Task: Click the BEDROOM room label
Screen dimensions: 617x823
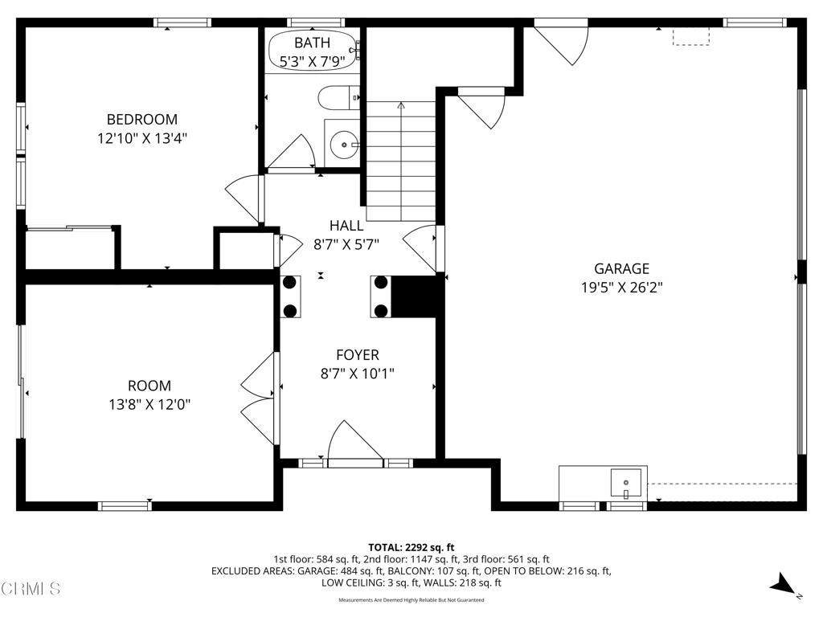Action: [x=142, y=120]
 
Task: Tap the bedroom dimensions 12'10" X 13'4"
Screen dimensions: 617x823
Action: [x=142, y=138]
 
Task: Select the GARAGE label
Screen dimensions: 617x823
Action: [x=621, y=269]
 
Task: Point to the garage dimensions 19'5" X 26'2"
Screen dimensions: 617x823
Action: [x=621, y=288]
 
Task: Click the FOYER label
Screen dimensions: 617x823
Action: [x=357, y=355]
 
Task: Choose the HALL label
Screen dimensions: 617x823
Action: [x=346, y=226]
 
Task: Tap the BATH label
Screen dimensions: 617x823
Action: [x=311, y=43]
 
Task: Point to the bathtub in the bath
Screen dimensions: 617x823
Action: [x=312, y=51]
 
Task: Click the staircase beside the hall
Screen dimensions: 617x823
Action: [x=401, y=161]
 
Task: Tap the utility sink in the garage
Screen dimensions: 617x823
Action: [x=625, y=483]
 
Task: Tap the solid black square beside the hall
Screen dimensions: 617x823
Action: [x=416, y=296]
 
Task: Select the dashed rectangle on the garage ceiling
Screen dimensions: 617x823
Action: [x=691, y=37]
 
